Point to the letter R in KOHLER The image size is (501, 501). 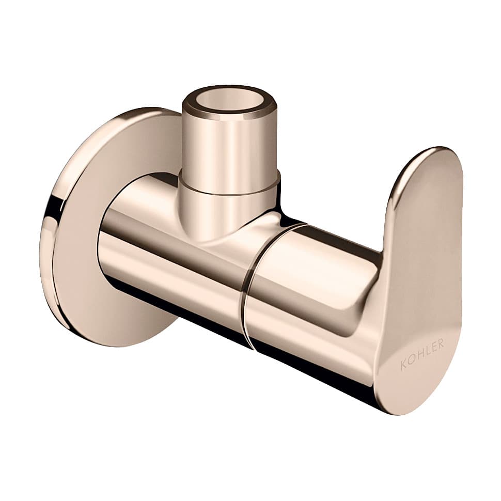(441, 344)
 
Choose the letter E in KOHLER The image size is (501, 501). (433, 348)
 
